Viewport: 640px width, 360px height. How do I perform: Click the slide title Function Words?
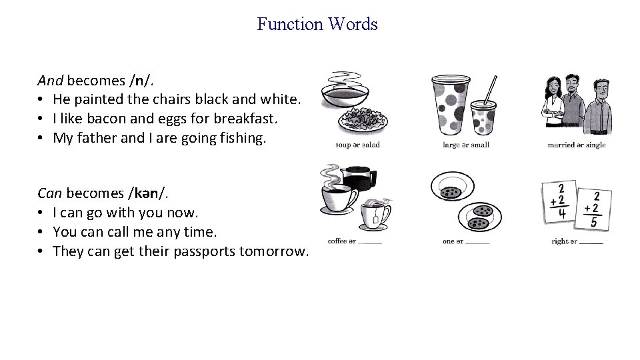click(317, 25)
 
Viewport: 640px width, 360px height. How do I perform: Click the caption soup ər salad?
click(357, 145)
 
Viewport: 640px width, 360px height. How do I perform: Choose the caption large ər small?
click(466, 145)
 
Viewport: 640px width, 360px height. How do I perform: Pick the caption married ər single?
click(577, 145)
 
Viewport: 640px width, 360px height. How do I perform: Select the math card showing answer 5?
click(593, 210)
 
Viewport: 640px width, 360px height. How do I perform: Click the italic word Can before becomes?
click(50, 194)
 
